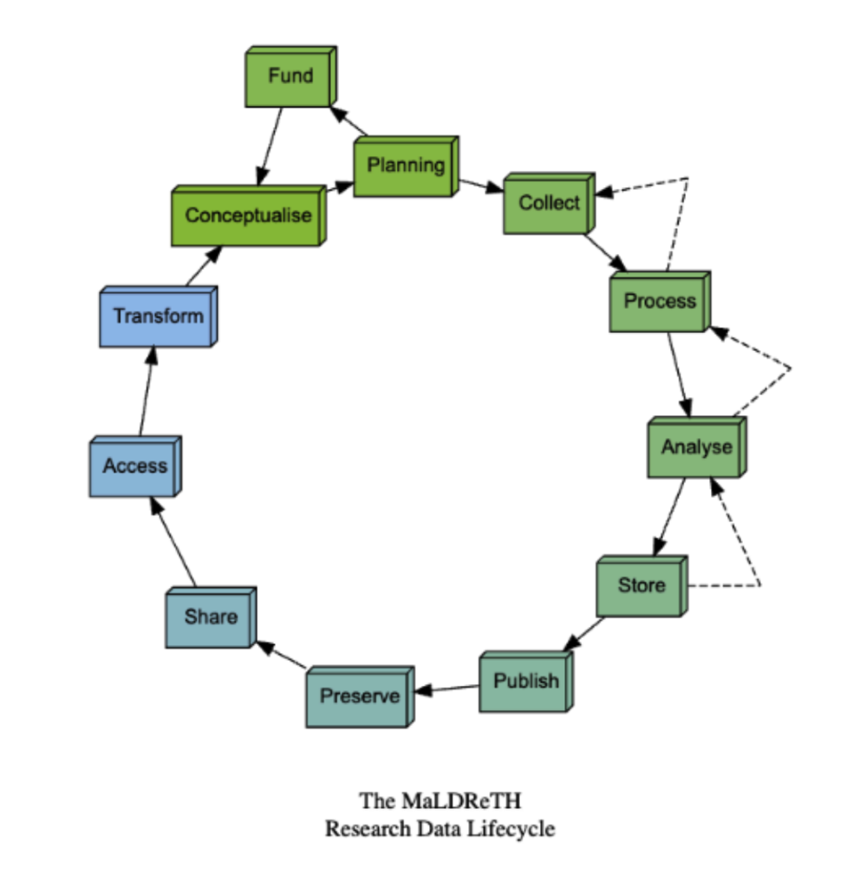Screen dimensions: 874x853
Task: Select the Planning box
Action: click(x=405, y=166)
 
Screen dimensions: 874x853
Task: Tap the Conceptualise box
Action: click(x=247, y=215)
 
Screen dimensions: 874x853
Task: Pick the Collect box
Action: click(x=548, y=204)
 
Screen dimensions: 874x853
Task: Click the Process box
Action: click(x=659, y=302)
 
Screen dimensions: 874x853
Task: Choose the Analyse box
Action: click(x=695, y=448)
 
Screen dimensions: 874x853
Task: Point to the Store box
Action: click(x=641, y=586)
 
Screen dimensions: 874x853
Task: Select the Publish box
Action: click(x=525, y=682)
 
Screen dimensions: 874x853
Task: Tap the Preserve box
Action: click(x=359, y=696)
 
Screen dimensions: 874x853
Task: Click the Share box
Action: click(x=210, y=617)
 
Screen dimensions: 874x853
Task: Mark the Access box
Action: click(x=134, y=466)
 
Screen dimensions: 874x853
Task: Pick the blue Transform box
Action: click(x=157, y=316)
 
